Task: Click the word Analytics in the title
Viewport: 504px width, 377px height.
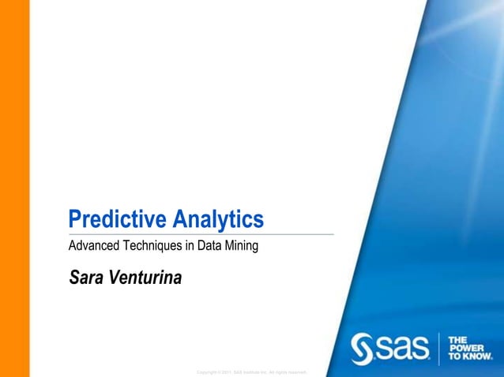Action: tap(217, 218)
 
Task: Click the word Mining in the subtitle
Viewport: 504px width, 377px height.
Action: tap(241, 246)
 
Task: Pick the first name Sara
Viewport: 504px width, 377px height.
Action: tap(85, 277)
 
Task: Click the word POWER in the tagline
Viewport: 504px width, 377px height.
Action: tap(466, 348)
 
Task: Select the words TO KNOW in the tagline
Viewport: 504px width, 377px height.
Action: tap(470, 356)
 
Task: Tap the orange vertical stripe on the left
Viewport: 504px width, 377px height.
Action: tap(14, 188)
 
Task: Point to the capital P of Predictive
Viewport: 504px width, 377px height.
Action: tap(75, 218)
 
